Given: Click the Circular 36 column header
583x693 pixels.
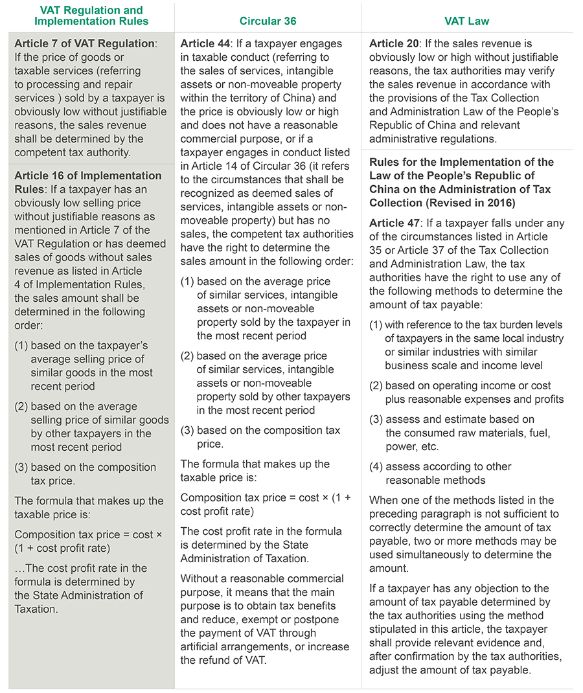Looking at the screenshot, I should click(268, 21).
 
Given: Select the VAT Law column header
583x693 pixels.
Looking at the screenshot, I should click(466, 21).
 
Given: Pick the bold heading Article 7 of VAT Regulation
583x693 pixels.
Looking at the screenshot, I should click(85, 43).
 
